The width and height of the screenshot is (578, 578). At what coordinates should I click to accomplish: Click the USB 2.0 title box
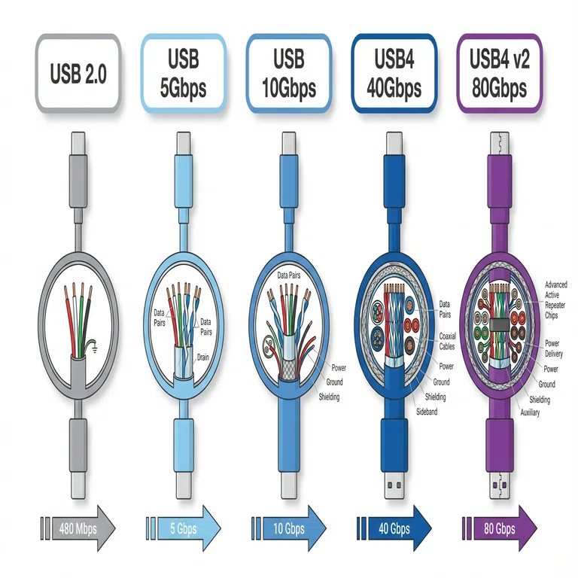(x=78, y=73)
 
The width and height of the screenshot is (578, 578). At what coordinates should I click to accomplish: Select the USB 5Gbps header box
(x=183, y=73)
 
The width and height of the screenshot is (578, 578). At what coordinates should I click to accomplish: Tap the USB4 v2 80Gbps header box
(x=500, y=73)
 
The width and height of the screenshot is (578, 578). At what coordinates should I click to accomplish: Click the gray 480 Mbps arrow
(x=78, y=528)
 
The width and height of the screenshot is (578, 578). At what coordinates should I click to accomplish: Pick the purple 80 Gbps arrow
(x=500, y=528)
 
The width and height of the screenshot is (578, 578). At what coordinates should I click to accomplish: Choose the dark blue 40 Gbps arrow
(x=394, y=528)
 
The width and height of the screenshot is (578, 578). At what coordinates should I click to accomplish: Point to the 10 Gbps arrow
(x=289, y=528)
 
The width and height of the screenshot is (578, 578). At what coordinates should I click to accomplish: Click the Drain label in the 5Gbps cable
(x=202, y=357)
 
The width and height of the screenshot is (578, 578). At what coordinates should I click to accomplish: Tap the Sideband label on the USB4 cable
(x=427, y=412)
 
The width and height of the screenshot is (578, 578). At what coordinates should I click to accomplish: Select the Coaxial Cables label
(x=447, y=341)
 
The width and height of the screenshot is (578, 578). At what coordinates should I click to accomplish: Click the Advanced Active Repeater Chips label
(x=555, y=300)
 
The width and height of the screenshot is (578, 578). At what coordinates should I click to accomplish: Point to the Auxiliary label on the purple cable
(x=530, y=412)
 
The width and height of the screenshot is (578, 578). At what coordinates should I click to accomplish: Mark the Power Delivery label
(x=554, y=348)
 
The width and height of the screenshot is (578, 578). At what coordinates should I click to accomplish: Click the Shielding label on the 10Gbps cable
(x=329, y=397)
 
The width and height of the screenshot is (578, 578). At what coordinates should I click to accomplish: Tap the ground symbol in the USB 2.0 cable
(x=95, y=348)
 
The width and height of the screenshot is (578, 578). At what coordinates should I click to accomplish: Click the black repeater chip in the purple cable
(x=499, y=324)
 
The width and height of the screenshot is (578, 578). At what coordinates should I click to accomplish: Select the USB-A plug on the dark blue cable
(x=394, y=485)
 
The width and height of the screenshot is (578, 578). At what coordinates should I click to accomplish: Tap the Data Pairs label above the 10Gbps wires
(x=289, y=275)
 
